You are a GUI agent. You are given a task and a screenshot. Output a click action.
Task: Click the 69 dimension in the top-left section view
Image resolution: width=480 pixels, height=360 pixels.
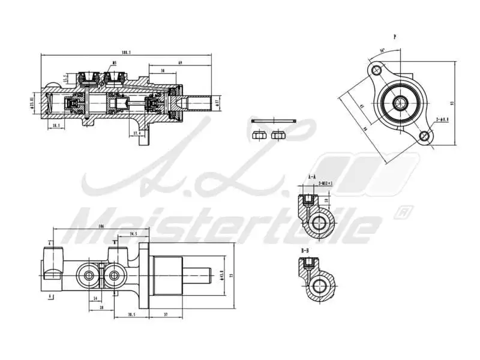coord(180,62)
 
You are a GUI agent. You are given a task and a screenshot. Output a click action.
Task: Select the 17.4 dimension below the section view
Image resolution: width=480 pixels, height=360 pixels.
coord(137,133)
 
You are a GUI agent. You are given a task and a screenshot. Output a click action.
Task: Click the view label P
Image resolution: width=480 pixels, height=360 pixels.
coord(394,37)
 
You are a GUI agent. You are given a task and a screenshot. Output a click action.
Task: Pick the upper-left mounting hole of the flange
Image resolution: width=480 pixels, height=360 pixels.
coord(377,71)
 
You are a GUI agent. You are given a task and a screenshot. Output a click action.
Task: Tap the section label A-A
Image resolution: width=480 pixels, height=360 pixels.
coord(311,177)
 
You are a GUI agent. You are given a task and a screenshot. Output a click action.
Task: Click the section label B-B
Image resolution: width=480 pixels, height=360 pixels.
coord(305,250)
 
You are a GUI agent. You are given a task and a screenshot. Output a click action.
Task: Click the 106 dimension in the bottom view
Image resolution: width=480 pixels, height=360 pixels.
coord(101,227)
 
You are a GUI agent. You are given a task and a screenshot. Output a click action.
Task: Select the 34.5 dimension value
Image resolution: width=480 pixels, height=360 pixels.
coord(133,234)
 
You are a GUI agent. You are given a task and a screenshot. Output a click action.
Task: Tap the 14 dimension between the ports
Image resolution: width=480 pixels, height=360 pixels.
coord(95,298)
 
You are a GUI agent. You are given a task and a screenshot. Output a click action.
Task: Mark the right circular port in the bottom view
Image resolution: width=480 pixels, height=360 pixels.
coord(114,275)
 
